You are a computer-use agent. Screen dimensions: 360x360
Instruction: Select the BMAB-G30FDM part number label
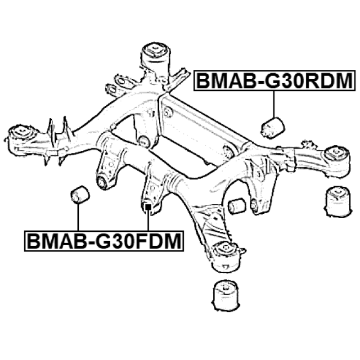[104, 241]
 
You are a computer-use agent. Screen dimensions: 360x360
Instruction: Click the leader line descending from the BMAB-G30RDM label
[274, 103]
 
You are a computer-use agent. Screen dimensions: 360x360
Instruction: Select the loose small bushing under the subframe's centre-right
[236, 206]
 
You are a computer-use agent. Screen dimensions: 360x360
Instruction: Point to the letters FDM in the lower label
[155, 241]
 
